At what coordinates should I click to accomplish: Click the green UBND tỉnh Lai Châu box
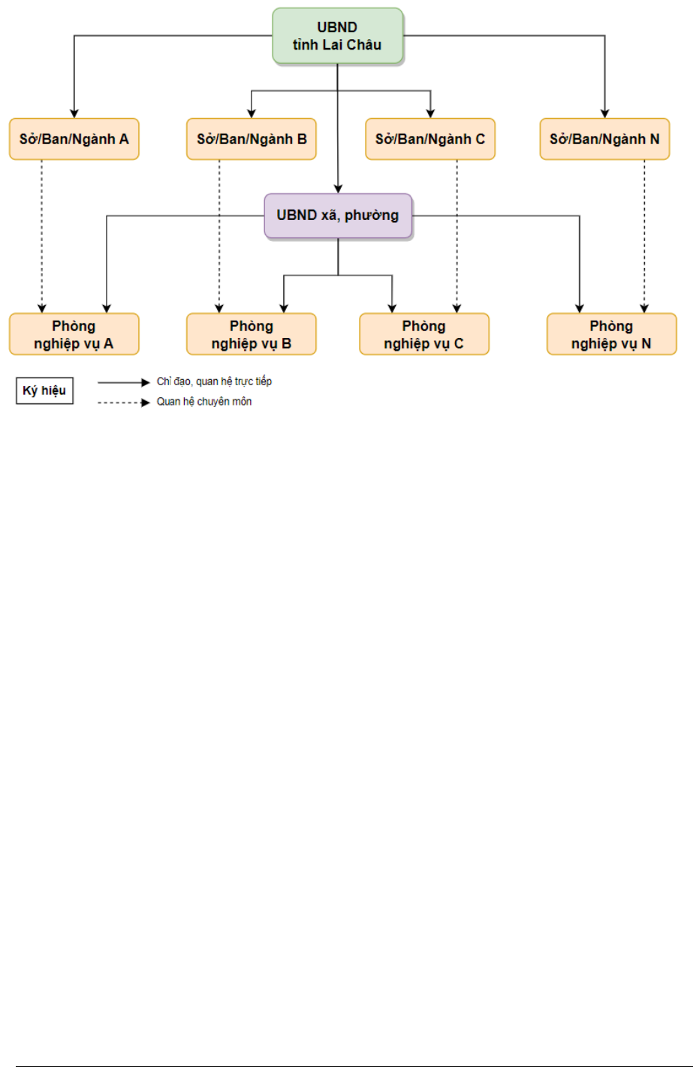pyautogui.click(x=338, y=36)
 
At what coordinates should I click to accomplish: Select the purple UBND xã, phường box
pyautogui.click(x=338, y=216)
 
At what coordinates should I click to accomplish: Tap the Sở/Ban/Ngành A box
pyautogui.click(x=74, y=139)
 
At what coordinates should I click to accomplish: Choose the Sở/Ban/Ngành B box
pyautogui.click(x=252, y=139)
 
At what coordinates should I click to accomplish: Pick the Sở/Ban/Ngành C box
pyautogui.click(x=430, y=139)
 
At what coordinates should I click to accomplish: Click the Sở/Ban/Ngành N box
pyautogui.click(x=605, y=139)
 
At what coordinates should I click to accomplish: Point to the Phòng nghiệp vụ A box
pyautogui.click(x=74, y=334)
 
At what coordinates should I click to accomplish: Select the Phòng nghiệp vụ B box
pyautogui.click(x=252, y=334)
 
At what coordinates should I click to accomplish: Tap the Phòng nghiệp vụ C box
pyautogui.click(x=424, y=334)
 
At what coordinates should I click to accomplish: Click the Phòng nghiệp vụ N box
pyautogui.click(x=612, y=334)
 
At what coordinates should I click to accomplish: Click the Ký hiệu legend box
pyautogui.click(x=45, y=390)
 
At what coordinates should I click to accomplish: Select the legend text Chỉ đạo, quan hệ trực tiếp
pyautogui.click(x=214, y=381)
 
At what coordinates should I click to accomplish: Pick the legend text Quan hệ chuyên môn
pyautogui.click(x=204, y=402)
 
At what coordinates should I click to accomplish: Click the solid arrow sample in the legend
pyautogui.click(x=124, y=382)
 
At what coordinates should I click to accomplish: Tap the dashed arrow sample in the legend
pyautogui.click(x=124, y=402)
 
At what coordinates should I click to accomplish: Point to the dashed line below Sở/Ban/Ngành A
pyautogui.click(x=42, y=237)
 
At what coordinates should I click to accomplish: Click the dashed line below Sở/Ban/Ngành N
pyautogui.click(x=644, y=237)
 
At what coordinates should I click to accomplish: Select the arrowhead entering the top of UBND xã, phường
pyautogui.click(x=338, y=189)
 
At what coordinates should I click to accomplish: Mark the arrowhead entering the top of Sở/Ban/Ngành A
pyautogui.click(x=74, y=114)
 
